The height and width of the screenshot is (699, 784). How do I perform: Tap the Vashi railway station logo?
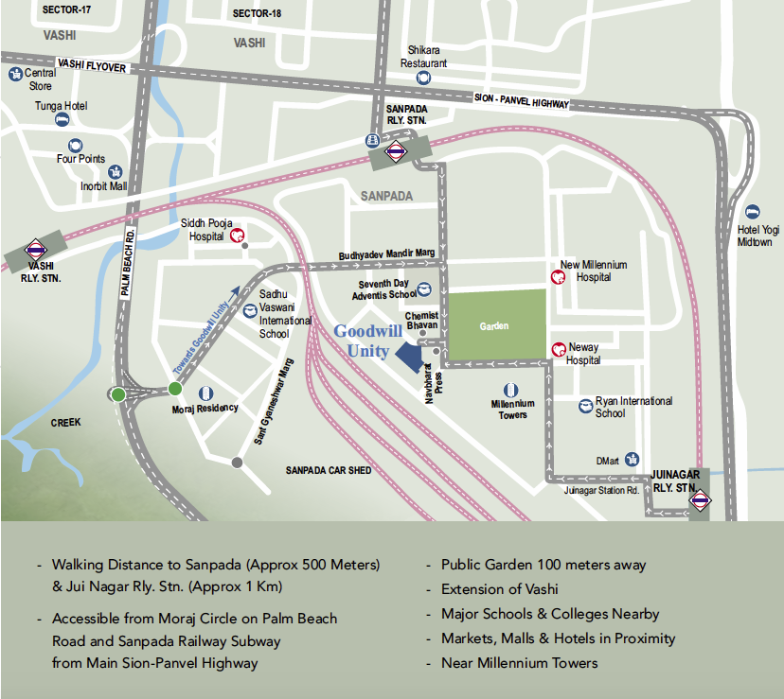click(x=37, y=250)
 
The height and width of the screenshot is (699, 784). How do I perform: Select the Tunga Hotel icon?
click(x=62, y=120)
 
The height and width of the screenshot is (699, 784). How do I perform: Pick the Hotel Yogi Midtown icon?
click(x=753, y=213)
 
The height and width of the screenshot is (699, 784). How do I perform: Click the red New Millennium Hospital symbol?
click(x=559, y=277)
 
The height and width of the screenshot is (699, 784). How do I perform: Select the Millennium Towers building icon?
click(x=511, y=390)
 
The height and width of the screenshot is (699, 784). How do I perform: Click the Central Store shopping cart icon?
click(x=15, y=72)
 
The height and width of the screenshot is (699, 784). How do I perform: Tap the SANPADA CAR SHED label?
click(x=329, y=470)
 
